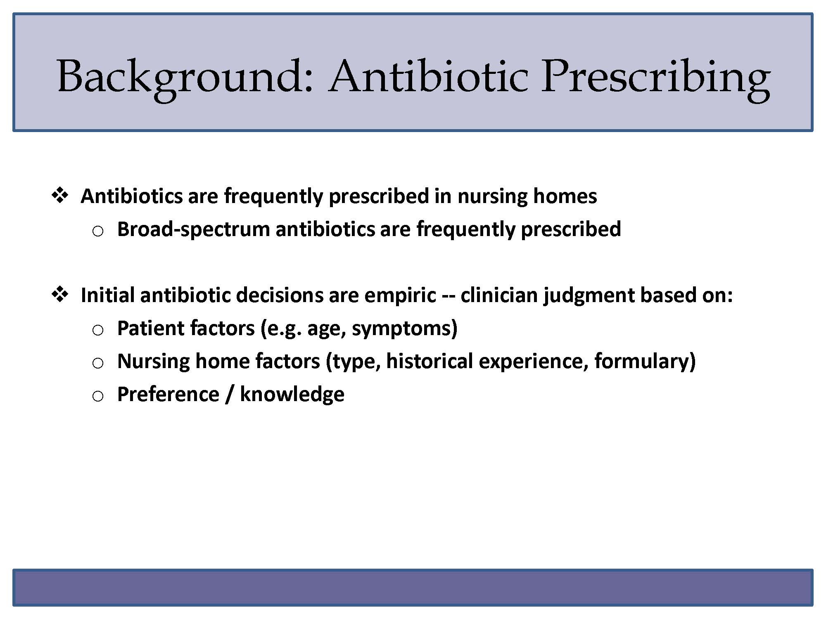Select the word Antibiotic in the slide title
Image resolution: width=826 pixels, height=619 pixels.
(429, 76)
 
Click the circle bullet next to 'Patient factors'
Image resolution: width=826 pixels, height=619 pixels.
(98, 331)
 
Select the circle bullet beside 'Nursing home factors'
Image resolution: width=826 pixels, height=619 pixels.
(98, 364)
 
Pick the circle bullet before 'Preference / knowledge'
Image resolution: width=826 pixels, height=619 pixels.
(98, 397)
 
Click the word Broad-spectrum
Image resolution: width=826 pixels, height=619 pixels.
(194, 229)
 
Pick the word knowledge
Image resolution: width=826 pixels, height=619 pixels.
(292, 395)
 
